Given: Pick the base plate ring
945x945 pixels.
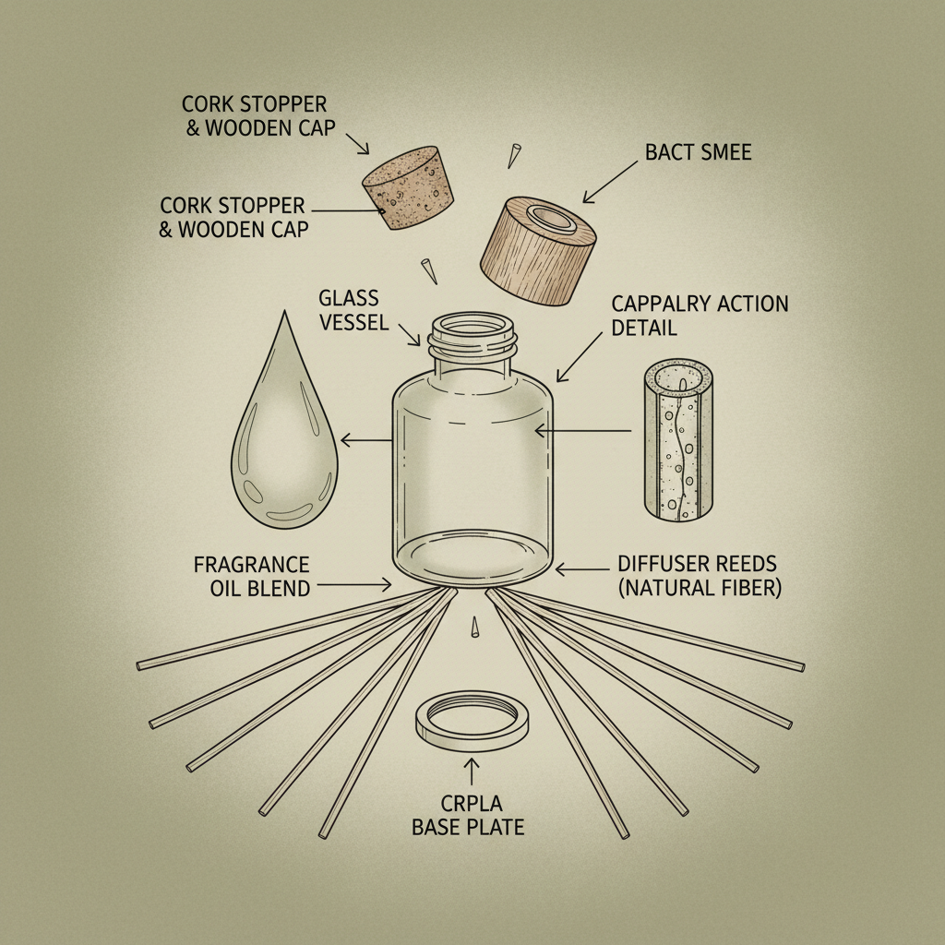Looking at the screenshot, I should (472, 720).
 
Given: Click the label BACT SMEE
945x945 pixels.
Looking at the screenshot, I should (699, 152).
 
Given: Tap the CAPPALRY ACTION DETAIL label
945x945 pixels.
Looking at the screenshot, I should (700, 316).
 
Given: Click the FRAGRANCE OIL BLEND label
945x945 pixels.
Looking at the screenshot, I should (251, 576).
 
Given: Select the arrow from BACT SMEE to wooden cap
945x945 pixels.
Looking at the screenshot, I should (610, 182).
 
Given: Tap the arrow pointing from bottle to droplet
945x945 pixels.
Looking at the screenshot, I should (366, 439).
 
